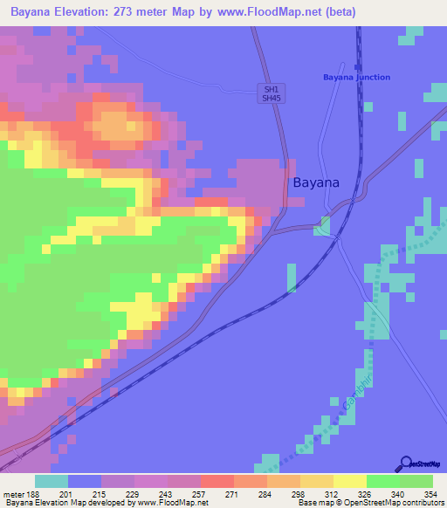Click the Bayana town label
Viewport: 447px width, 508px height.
pos(315,183)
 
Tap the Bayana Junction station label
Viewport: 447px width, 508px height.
pos(356,78)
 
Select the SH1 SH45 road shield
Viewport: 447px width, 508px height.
pos(272,93)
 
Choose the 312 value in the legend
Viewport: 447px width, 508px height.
pos(330,495)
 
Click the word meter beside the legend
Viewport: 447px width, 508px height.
pos(14,495)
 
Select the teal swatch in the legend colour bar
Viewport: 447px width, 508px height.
pos(52,481)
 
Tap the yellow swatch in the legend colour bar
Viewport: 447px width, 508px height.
pos(349,481)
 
